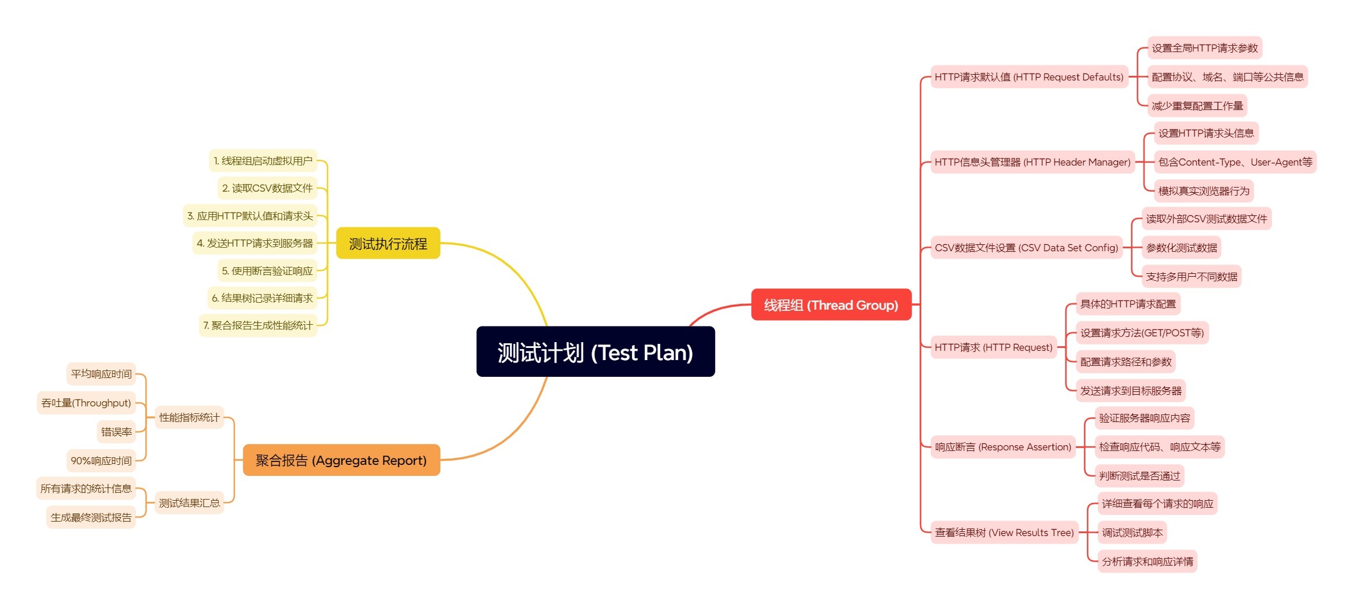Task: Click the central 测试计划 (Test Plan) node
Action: [595, 352]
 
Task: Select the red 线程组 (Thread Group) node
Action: [830, 304]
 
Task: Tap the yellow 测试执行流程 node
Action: [388, 244]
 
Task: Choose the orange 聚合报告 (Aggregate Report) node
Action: [341, 460]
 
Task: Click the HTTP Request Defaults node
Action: [1028, 77]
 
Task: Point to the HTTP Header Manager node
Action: [1032, 162]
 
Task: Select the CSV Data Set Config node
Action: [1026, 248]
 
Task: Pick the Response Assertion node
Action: [1003, 447]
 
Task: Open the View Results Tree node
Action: [1004, 533]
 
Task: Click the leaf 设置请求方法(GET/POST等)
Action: [1142, 333]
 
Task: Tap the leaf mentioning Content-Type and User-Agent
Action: [1235, 162]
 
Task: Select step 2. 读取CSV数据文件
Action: [267, 188]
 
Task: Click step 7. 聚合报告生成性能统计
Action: [258, 325]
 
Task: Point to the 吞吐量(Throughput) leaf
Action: [86, 403]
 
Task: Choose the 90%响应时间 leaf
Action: [101, 461]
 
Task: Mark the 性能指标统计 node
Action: [189, 417]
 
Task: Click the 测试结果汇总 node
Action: [189, 503]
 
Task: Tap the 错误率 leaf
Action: [116, 432]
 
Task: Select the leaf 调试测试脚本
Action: [1132, 533]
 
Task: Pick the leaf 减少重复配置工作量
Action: [1197, 106]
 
